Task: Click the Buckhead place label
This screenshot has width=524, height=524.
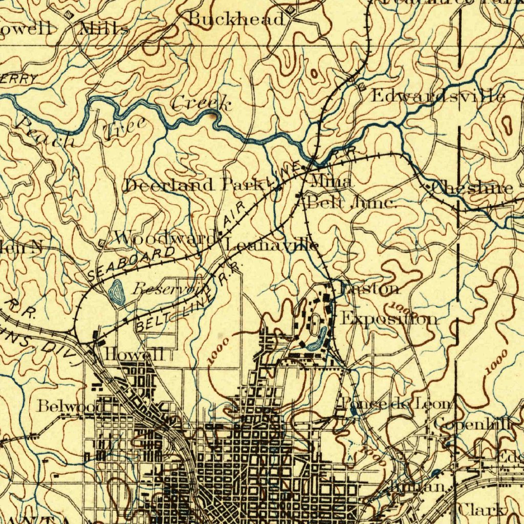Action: click(236, 19)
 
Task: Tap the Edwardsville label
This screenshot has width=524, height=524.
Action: click(438, 96)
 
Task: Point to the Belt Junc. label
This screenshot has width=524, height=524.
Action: click(352, 203)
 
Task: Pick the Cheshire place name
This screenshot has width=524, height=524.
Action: click(472, 188)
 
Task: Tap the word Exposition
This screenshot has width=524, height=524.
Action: click(389, 319)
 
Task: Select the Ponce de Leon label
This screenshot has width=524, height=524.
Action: click(397, 403)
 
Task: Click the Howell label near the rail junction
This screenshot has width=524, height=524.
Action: click(134, 354)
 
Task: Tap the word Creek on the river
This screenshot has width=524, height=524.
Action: click(201, 104)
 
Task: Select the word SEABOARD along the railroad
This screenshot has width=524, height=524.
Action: click(131, 263)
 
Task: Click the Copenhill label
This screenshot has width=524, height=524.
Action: click(473, 424)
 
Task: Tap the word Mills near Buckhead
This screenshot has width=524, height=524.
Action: click(104, 29)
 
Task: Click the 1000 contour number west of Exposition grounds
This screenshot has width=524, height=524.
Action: click(219, 351)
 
